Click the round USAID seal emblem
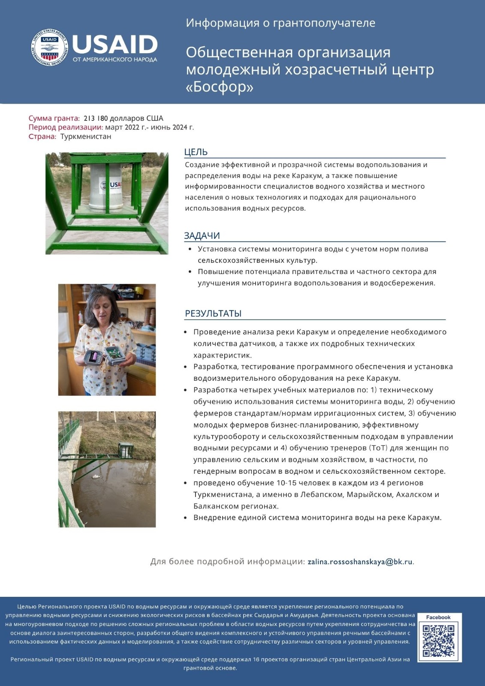[x=50, y=48]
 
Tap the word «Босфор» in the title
[x=220, y=87]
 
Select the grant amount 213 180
[x=96, y=118]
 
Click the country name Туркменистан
[x=86, y=136]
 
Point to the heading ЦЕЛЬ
[x=196, y=152]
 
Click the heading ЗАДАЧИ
[x=202, y=235]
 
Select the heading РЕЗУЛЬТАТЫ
[x=213, y=313]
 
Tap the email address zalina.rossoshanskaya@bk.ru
[x=360, y=562]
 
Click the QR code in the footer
[x=438, y=641]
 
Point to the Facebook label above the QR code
[x=438, y=617]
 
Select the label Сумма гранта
[x=54, y=118]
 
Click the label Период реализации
[x=66, y=127]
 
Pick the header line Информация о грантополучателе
[x=280, y=23]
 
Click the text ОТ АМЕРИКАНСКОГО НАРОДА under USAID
[x=115, y=60]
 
